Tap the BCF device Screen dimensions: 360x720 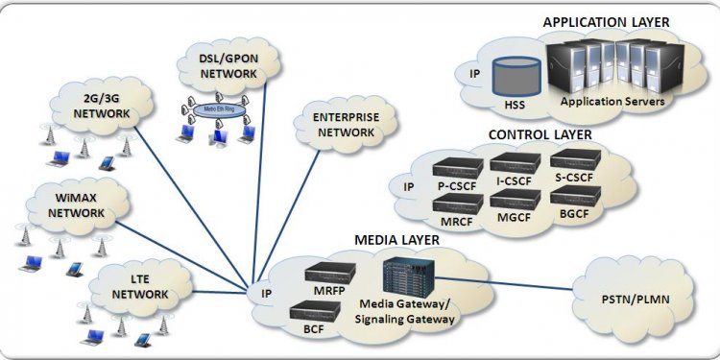pos(317,309)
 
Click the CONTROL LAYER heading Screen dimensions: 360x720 pos(540,134)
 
